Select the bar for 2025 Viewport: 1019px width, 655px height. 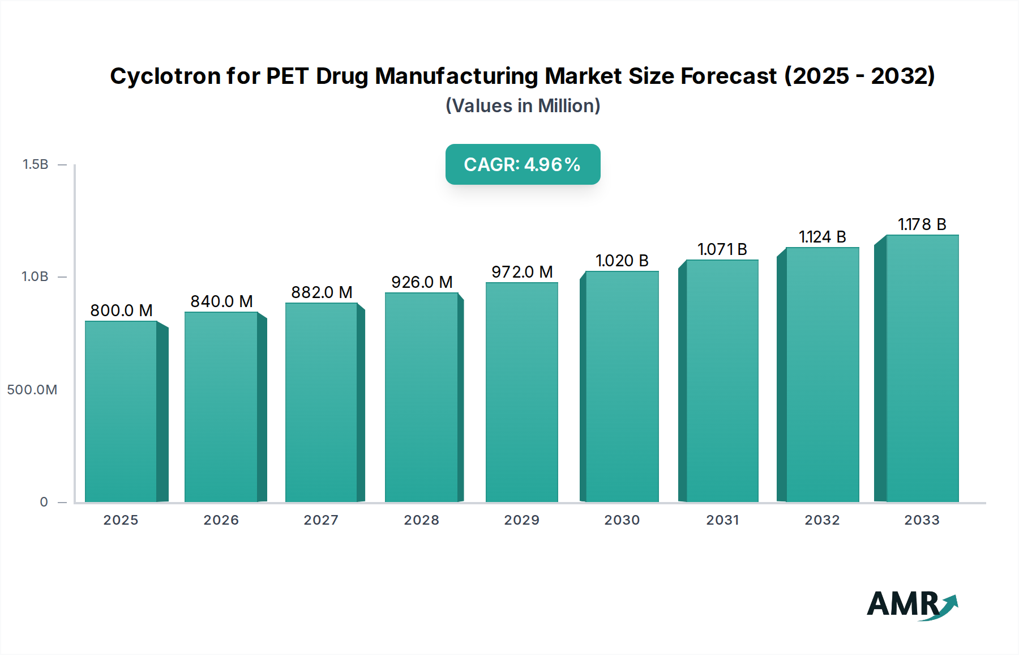click(121, 411)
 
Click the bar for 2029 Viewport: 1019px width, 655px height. click(521, 392)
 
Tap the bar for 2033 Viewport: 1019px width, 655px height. click(922, 368)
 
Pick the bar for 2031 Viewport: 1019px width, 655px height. click(722, 381)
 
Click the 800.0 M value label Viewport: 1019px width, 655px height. click(121, 311)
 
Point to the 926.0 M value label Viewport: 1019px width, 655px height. click(422, 282)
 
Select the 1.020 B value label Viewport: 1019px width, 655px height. click(622, 261)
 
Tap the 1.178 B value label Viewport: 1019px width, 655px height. click(922, 224)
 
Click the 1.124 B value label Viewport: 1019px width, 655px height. click(822, 237)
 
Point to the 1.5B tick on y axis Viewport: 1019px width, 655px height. click(35, 164)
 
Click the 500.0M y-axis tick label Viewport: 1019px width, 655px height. click(32, 390)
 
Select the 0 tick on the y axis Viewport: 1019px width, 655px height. click(44, 502)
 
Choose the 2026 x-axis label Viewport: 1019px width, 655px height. click(221, 520)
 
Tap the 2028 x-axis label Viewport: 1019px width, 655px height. click(421, 520)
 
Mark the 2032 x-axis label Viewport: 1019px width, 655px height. click(822, 520)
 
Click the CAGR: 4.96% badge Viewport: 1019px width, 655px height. click(523, 164)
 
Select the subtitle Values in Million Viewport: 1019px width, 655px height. click(523, 106)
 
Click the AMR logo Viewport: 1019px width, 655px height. click(911, 605)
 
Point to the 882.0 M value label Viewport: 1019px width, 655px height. click(322, 292)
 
